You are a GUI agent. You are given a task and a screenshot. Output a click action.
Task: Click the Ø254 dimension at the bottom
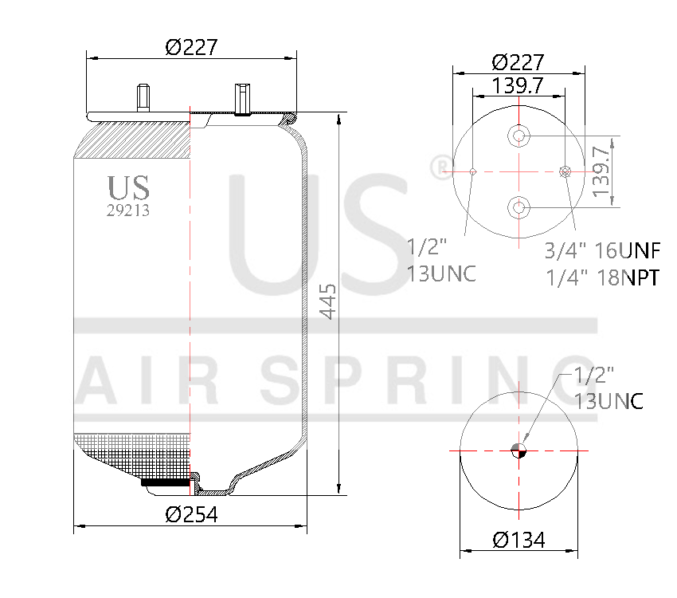[191, 514]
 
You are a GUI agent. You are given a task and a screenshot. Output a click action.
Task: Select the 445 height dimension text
[328, 301]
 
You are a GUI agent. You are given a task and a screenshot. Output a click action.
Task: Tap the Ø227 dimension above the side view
[191, 48]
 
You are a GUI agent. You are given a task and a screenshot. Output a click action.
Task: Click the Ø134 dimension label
[519, 540]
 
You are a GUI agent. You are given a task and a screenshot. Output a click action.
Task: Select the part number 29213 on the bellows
[128, 211]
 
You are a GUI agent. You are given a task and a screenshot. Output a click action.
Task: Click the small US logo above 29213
[128, 188]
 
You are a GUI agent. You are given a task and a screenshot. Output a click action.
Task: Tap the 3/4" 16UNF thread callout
[602, 252]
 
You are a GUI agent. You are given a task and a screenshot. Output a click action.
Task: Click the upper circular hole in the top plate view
[519, 137]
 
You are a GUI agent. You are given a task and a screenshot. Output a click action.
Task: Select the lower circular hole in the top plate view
[519, 207]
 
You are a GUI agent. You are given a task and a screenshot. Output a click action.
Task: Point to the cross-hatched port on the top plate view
[565, 171]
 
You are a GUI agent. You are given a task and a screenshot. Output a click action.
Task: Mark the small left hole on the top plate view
[473, 171]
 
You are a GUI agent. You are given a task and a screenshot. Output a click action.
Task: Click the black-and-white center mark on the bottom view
[519, 450]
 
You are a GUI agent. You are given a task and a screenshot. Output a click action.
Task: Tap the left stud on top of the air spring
[143, 96]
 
